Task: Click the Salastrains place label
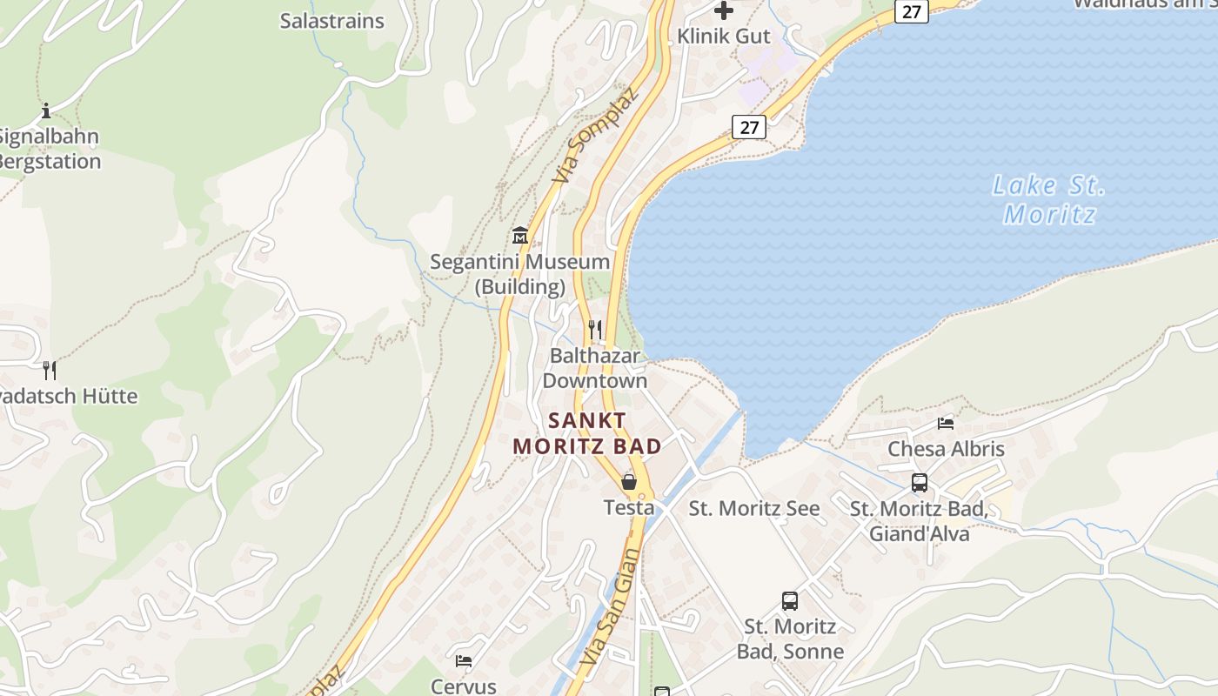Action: (x=331, y=21)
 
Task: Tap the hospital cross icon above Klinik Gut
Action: (x=723, y=10)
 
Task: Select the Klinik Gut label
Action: (x=724, y=37)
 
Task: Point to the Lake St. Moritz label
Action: (x=1049, y=199)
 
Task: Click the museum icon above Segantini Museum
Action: (x=520, y=235)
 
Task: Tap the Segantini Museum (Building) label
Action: (x=520, y=274)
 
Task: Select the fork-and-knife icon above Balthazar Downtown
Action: (x=595, y=329)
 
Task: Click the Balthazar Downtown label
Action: (x=595, y=368)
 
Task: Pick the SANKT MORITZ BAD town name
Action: (x=587, y=433)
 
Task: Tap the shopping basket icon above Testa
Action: (x=629, y=481)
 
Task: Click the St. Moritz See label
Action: (x=754, y=509)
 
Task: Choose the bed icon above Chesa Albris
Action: (x=946, y=424)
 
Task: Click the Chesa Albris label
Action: (x=946, y=449)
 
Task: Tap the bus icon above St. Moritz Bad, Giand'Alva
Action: (x=920, y=483)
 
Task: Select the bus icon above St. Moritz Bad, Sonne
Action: (x=790, y=600)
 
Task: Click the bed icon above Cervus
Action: (x=464, y=661)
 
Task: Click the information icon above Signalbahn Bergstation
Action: (x=46, y=110)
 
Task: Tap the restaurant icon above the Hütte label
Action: (x=50, y=371)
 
